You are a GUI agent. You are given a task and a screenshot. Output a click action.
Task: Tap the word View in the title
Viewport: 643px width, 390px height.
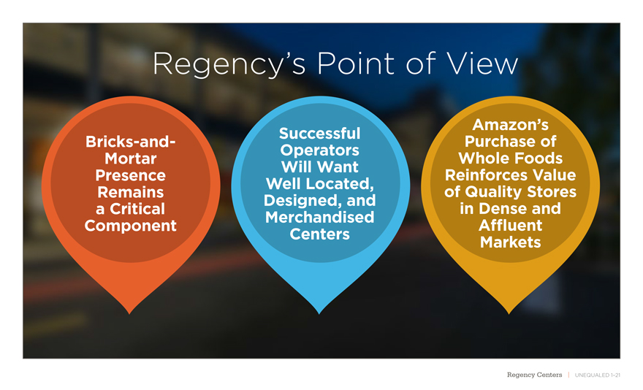(x=479, y=65)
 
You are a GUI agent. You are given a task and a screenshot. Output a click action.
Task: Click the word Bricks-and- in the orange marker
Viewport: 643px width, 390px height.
(x=131, y=141)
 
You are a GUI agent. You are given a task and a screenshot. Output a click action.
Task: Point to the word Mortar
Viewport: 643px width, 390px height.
(x=131, y=158)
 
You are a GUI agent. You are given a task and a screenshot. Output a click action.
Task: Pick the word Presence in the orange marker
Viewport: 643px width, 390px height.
(x=131, y=176)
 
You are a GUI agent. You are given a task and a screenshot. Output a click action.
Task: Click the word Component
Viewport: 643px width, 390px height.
(x=131, y=226)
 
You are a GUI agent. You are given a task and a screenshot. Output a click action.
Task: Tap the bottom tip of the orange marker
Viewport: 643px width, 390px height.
(x=130, y=312)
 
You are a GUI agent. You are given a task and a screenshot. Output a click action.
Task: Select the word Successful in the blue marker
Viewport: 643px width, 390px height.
(x=320, y=134)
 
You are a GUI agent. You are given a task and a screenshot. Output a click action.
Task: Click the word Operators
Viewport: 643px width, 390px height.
(x=320, y=150)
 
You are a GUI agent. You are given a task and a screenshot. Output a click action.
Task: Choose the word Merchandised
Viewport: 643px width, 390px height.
(x=320, y=218)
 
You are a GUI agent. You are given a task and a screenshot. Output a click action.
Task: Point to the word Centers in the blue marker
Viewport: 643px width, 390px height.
(x=320, y=234)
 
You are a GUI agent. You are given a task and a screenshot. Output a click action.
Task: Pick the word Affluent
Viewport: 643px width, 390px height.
(x=511, y=225)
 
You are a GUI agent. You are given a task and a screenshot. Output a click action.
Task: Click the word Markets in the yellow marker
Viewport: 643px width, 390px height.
(x=511, y=242)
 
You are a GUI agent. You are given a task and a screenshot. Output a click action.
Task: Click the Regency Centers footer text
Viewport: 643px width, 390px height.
(x=535, y=375)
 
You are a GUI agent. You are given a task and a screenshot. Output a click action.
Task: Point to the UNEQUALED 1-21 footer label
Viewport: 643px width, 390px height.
(x=598, y=375)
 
